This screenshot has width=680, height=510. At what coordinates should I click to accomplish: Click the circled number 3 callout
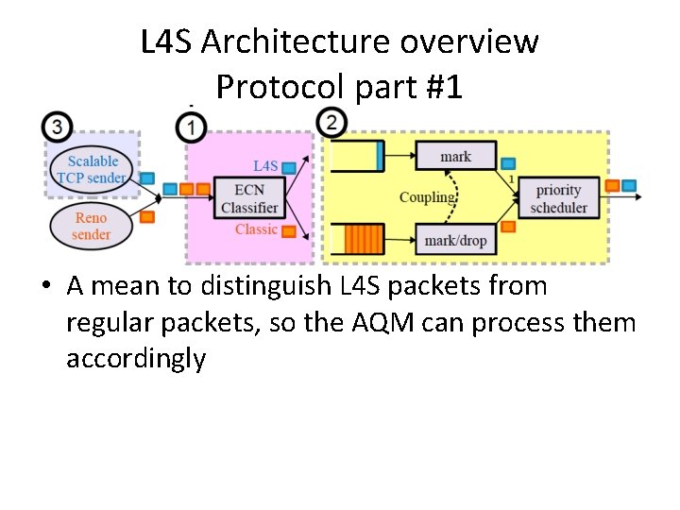click(58, 125)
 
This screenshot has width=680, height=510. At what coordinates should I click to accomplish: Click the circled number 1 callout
click(192, 125)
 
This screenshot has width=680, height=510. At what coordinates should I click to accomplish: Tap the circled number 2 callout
click(331, 122)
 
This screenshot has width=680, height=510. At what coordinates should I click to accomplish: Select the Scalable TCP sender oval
click(93, 170)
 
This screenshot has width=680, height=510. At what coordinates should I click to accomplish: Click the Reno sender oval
click(92, 227)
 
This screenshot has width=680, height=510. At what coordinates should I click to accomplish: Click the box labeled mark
click(455, 157)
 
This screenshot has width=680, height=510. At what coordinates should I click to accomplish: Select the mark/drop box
click(455, 240)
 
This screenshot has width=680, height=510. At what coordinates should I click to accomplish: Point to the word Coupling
click(426, 197)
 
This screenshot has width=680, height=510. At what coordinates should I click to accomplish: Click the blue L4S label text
click(265, 166)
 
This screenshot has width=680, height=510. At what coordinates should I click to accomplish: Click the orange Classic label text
click(256, 229)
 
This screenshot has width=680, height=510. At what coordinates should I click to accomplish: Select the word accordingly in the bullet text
click(135, 359)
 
